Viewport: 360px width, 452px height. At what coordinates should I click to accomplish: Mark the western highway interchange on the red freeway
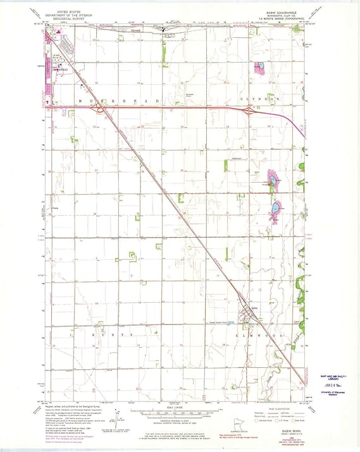[97, 109]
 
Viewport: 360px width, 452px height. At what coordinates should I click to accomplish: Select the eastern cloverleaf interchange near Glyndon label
[250, 111]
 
